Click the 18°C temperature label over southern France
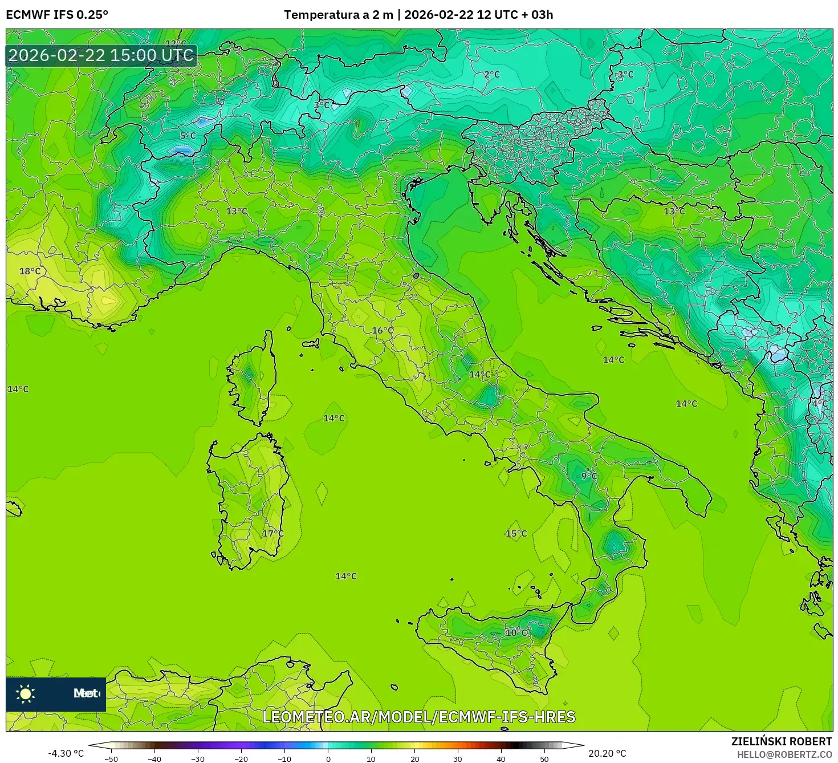[30, 271]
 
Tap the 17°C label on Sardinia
[272, 534]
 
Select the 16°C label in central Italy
[383, 331]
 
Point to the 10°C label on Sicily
[516, 632]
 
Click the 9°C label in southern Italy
[589, 476]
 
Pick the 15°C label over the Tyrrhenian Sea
[516, 534]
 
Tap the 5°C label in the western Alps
[188, 136]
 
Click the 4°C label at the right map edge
[820, 404]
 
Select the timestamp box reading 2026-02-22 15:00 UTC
[101, 55]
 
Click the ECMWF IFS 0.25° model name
[57, 15]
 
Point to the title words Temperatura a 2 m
[339, 15]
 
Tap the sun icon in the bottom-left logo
[26, 693]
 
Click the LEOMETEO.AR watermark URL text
[419, 717]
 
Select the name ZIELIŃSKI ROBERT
[782, 741]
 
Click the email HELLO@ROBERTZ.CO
[784, 754]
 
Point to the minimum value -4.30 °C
[66, 753]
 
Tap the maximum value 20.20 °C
[607, 753]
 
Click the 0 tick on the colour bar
[328, 759]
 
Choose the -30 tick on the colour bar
[198, 759]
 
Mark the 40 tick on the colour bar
[501, 759]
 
